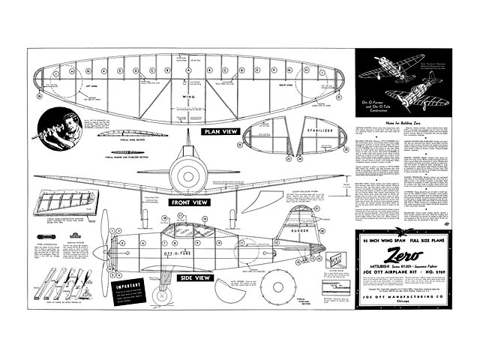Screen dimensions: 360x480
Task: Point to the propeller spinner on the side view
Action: (114, 248)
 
